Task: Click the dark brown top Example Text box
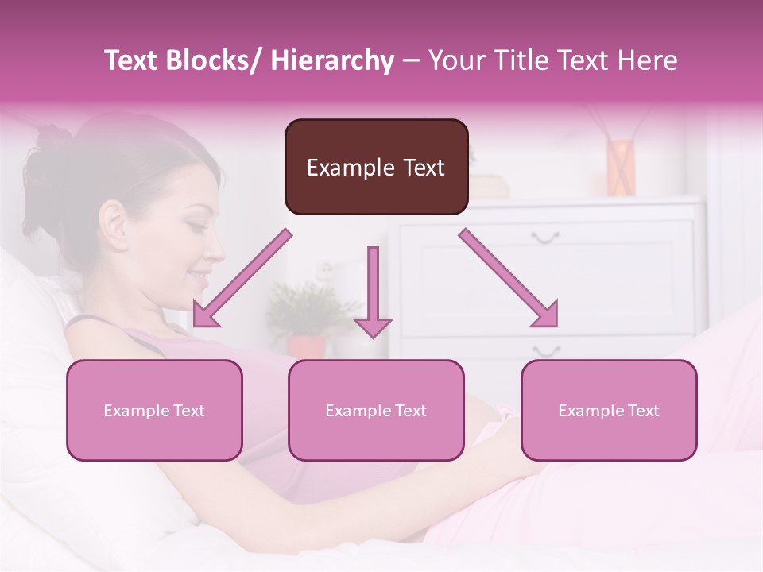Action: coord(376,167)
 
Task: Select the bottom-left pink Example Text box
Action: coord(154,410)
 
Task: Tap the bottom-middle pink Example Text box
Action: coord(376,410)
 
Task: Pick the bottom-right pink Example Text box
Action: coord(609,410)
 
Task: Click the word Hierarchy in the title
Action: coord(331,61)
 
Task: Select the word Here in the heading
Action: coord(649,61)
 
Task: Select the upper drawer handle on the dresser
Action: coord(545,236)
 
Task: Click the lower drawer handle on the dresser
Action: coord(546,350)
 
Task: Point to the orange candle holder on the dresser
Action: coord(622,167)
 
